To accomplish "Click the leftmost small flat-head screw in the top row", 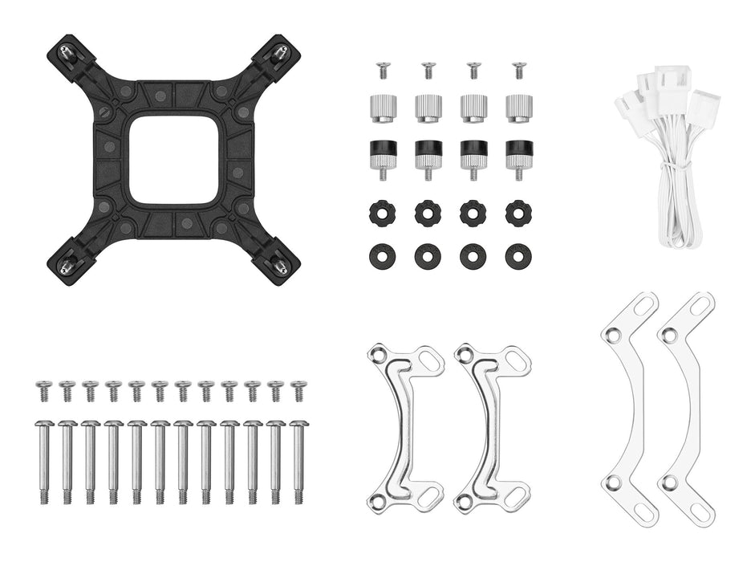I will tap(380, 70).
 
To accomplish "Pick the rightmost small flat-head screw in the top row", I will tap(519, 70).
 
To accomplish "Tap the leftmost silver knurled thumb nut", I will tap(380, 108).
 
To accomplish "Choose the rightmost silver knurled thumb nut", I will tap(519, 108).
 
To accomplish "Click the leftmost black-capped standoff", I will tap(380, 155).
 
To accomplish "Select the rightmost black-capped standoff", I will tap(519, 155).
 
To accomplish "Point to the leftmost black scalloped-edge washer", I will tap(380, 213).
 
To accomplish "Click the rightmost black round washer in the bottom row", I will tap(519, 256).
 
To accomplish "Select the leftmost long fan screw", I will tap(44, 461).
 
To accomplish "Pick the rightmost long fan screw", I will tap(298, 461).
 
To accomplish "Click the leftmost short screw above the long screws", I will tap(44, 391).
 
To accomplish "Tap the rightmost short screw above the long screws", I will tap(298, 391).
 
